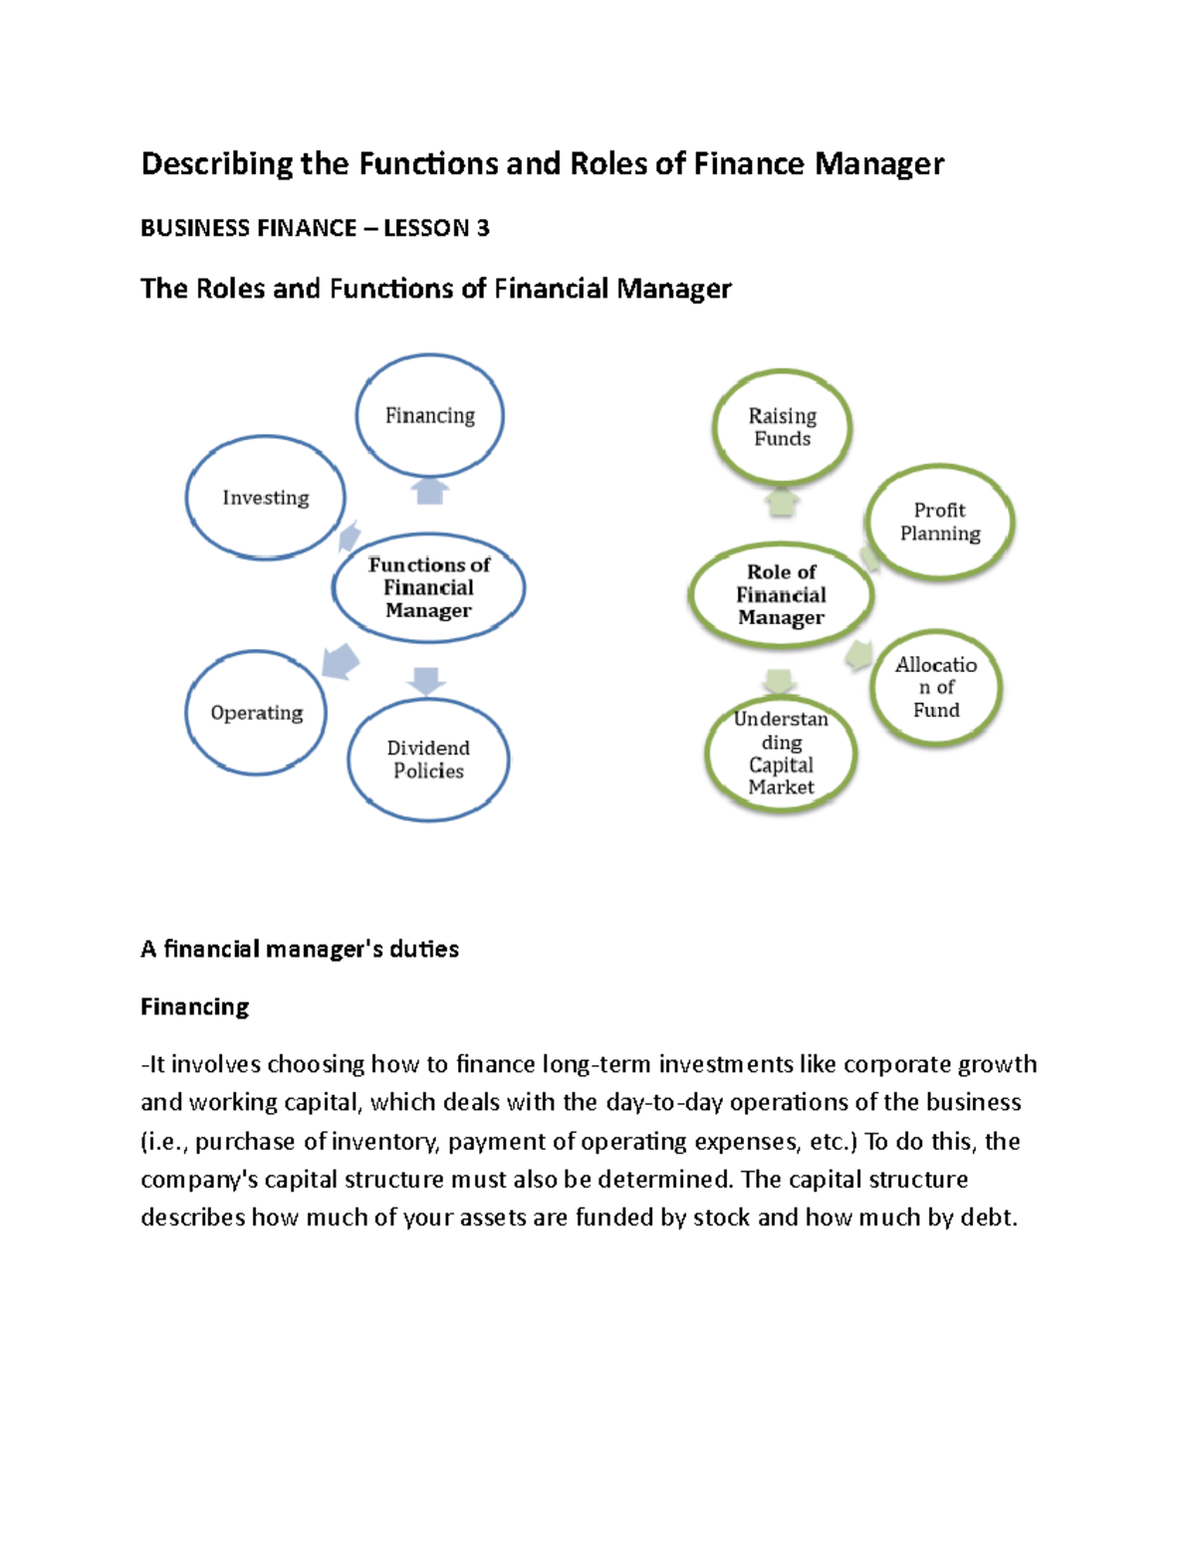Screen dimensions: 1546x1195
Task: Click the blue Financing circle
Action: tap(430, 415)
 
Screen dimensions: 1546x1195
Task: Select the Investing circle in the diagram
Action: tap(266, 497)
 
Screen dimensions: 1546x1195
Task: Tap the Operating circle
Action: tap(256, 713)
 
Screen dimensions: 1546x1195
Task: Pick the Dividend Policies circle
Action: tap(428, 760)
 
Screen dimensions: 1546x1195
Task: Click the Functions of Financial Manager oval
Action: tap(428, 588)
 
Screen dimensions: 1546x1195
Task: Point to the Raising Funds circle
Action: tap(782, 427)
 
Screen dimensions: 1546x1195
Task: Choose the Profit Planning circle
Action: tap(940, 522)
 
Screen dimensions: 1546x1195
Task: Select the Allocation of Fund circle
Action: tap(936, 687)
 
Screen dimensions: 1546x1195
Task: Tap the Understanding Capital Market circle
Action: tap(781, 754)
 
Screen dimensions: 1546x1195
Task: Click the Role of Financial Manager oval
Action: tap(781, 595)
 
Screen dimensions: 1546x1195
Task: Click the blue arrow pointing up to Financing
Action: tap(430, 491)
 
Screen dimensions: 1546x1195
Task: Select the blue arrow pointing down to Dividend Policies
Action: tap(427, 680)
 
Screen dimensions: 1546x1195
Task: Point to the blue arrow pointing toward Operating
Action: tap(341, 661)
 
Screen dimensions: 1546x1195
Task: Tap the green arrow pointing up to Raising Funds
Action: tap(782, 502)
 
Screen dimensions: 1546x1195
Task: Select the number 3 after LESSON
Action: tap(483, 229)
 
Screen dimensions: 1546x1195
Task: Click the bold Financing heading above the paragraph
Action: tap(195, 1007)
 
